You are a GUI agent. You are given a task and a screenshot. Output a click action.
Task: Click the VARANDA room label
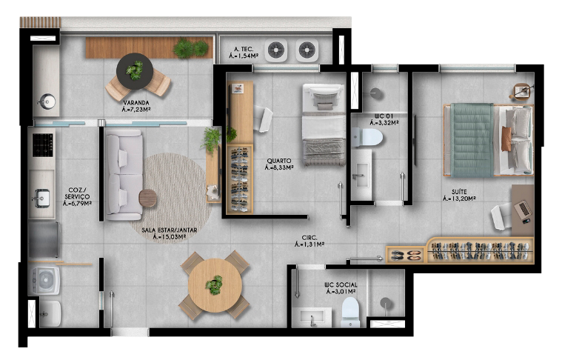136,103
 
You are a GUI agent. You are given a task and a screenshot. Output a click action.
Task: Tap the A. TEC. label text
244,49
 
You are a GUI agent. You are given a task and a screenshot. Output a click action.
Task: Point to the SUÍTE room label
459,192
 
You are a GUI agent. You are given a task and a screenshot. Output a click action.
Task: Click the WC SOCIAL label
341,285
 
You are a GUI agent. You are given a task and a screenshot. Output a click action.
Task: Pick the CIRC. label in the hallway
310,238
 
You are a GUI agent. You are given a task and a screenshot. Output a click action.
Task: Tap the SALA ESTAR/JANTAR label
169,230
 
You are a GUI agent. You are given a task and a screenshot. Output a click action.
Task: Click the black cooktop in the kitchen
43,145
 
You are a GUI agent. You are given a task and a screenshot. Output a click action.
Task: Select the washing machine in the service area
44,280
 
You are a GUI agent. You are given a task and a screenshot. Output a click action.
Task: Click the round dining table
215,285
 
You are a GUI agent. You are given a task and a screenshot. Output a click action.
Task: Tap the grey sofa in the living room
124,175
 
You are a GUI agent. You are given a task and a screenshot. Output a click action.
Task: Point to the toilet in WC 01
367,137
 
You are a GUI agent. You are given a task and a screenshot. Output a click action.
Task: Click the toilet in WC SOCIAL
350,312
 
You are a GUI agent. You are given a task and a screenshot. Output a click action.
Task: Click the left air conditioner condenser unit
276,50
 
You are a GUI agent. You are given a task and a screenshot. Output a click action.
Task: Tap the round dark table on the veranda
135,71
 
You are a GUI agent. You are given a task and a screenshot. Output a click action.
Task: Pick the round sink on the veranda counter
47,101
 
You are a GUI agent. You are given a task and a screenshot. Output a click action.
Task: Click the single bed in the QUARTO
324,124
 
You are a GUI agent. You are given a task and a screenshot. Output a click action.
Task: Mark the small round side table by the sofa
147,198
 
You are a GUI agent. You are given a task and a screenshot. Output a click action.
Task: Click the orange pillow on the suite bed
506,139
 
